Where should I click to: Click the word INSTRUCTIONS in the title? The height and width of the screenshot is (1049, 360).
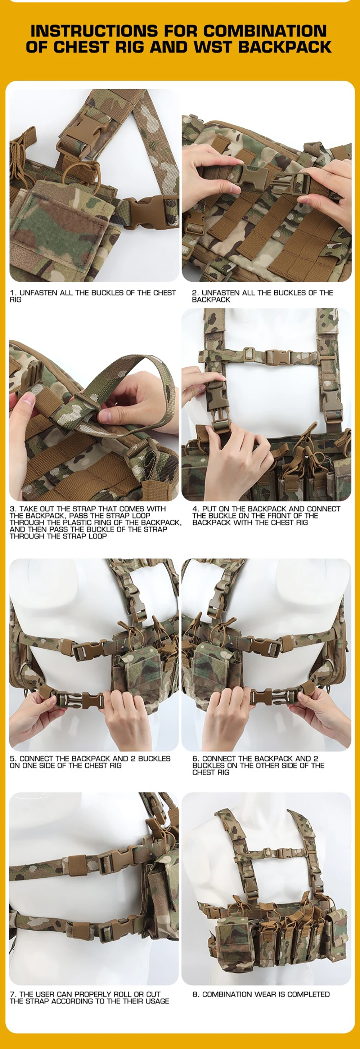[94, 31]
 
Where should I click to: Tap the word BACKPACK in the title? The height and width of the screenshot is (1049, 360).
[285, 47]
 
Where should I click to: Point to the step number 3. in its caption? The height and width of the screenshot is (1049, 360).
[13, 508]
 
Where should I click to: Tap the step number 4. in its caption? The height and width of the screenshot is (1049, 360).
[196, 508]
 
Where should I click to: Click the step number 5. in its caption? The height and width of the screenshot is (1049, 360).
[13, 759]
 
